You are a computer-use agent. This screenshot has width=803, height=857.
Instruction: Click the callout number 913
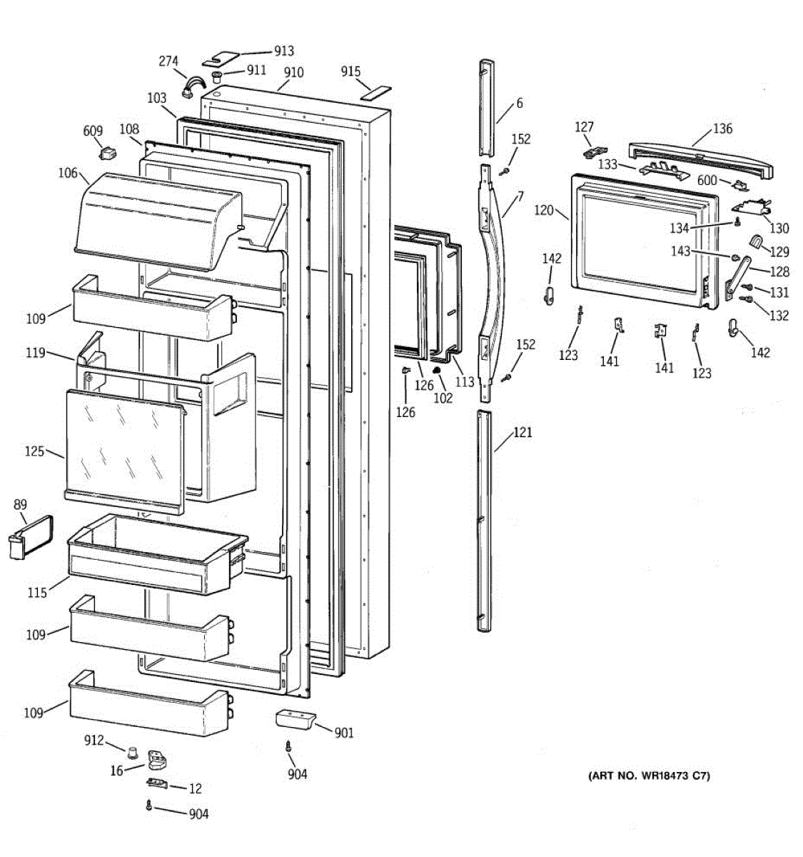pyautogui.click(x=284, y=51)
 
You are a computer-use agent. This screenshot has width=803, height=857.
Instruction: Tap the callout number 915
pyautogui.click(x=350, y=71)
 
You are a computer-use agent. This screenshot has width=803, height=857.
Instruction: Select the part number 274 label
pyautogui.click(x=168, y=61)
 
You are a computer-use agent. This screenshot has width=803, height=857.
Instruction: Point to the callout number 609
pyautogui.click(x=93, y=131)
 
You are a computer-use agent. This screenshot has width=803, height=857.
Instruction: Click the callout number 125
pyautogui.click(x=35, y=451)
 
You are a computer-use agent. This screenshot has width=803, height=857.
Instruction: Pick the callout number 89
pyautogui.click(x=21, y=506)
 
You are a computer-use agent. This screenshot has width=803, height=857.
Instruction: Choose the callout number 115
pyautogui.click(x=37, y=592)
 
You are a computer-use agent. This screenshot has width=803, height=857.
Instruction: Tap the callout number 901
pyautogui.click(x=344, y=733)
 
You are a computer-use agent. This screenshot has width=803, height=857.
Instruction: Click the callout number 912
pyautogui.click(x=94, y=741)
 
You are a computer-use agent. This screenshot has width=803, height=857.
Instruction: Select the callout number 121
pyautogui.click(x=523, y=432)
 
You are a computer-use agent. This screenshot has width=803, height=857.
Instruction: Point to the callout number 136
pyautogui.click(x=722, y=129)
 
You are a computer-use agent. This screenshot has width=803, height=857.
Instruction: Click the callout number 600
pyautogui.click(x=707, y=180)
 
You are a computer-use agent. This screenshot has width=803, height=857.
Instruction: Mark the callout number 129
pyautogui.click(x=779, y=251)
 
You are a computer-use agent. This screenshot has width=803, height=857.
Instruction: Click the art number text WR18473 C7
pyautogui.click(x=649, y=776)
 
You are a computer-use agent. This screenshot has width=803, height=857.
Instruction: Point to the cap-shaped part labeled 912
pyautogui.click(x=132, y=751)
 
